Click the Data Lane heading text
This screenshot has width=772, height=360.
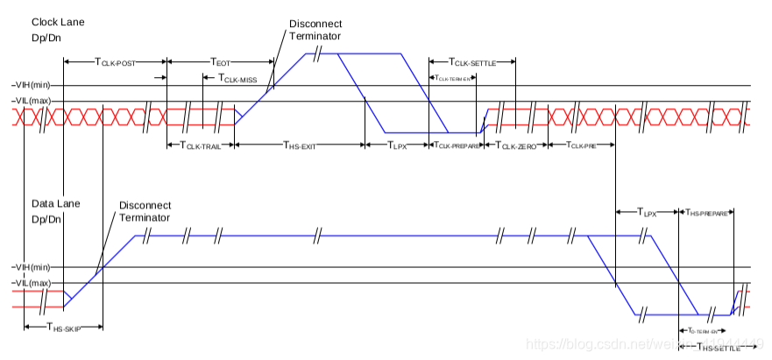[x=56, y=203]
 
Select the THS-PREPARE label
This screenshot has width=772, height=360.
[x=707, y=211]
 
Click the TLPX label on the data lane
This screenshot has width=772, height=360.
[x=648, y=211]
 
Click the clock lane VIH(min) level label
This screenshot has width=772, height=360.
[x=32, y=85]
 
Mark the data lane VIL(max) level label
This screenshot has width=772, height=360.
[x=32, y=282]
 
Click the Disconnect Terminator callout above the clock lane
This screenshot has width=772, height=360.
[x=315, y=31]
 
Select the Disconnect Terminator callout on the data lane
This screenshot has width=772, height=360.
[x=145, y=211]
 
